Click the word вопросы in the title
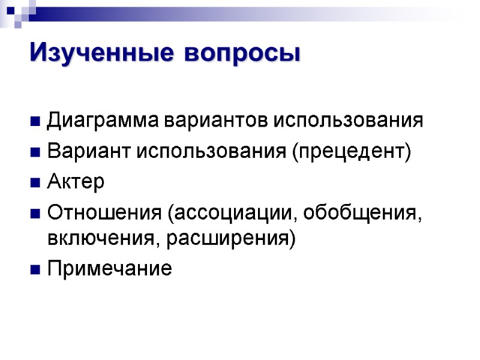click(242, 54)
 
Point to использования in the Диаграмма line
click(349, 121)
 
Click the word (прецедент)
click(352, 151)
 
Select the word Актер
click(76, 181)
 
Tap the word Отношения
click(105, 213)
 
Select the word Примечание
click(109, 268)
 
